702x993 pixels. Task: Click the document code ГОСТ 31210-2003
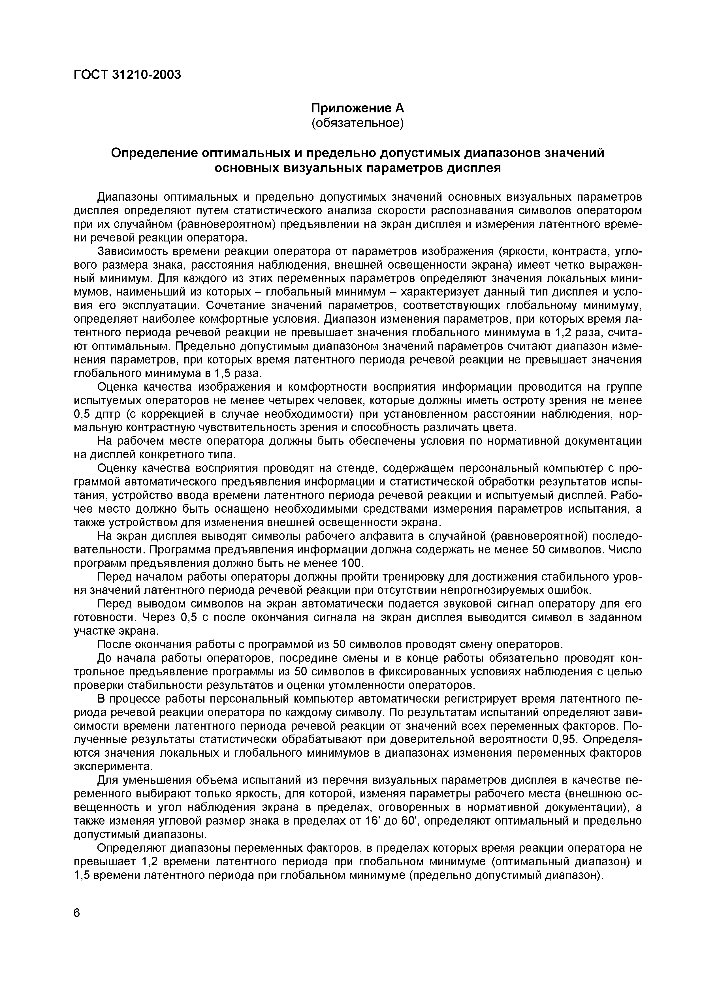127,75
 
